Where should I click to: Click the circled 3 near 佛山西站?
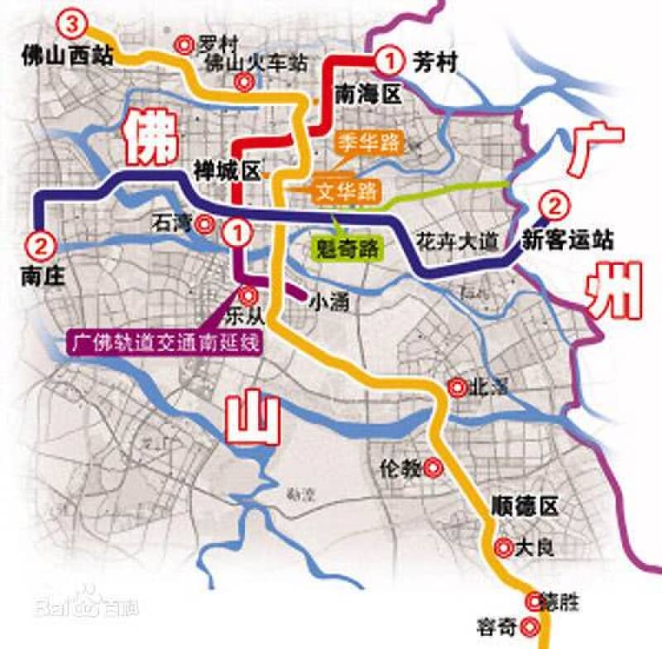pyautogui.click(x=72, y=24)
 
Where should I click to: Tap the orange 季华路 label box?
pyautogui.click(x=368, y=142)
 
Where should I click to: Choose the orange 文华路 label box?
pyautogui.click(x=345, y=191)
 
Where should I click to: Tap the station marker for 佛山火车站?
pyautogui.click(x=243, y=81)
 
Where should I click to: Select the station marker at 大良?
pyautogui.click(x=502, y=546)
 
